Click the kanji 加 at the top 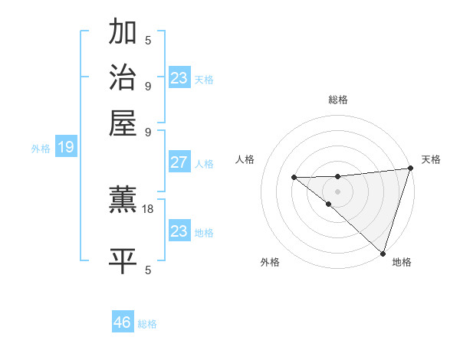[x=123, y=33]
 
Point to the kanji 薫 [x=123, y=201]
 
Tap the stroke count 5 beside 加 [x=147, y=41]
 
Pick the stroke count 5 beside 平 [x=147, y=270]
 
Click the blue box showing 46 [x=123, y=322]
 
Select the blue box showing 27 [x=179, y=162]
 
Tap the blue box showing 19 [x=66, y=147]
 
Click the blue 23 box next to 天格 [x=179, y=78]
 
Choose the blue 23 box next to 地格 [x=179, y=231]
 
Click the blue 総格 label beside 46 [x=147, y=324]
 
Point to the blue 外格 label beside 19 [x=41, y=149]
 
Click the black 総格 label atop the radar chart [x=337, y=100]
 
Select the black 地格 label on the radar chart [x=402, y=262]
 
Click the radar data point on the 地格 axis [x=383, y=253]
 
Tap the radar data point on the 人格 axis [x=294, y=178]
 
